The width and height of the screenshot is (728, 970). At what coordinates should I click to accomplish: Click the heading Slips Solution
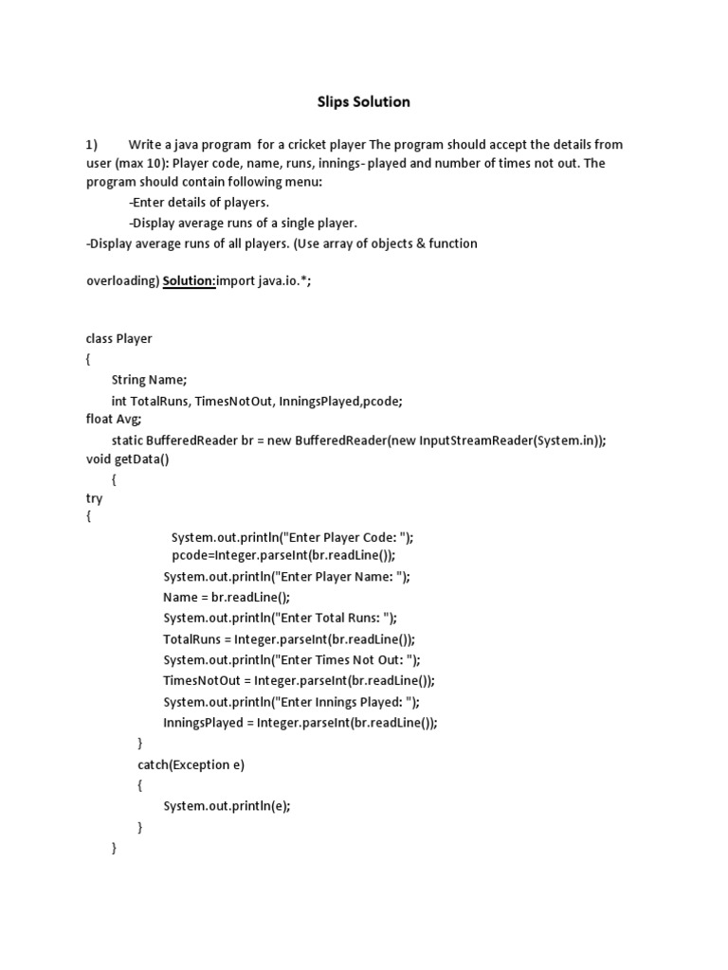point(363,101)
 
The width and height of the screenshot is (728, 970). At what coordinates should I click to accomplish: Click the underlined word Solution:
point(190,281)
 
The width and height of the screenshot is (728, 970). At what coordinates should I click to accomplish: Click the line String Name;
point(149,380)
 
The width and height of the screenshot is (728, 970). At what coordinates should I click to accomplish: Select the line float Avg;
point(114,419)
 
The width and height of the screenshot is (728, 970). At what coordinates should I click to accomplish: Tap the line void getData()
point(127,458)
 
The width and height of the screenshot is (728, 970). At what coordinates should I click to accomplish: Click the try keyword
point(94,498)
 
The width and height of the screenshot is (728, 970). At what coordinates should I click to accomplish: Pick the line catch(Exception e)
point(191,764)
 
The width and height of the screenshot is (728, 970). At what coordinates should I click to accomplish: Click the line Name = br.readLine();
point(227,597)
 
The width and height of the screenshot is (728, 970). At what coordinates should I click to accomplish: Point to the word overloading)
point(121,281)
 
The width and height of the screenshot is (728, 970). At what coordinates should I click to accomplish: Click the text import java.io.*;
point(263,281)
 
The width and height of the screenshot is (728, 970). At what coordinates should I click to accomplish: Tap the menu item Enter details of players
point(199,203)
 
